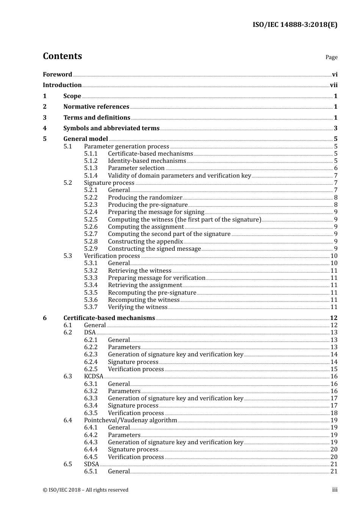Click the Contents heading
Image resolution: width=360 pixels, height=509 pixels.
pyautogui.click(x=62, y=56)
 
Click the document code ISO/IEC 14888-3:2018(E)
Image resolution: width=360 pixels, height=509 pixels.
pyautogui.click(x=295, y=25)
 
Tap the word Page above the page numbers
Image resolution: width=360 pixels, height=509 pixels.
pyautogui.click(x=331, y=57)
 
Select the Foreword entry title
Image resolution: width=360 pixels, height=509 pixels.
pyautogui.click(x=57, y=74)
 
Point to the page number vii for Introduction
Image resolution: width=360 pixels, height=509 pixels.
pyautogui.click(x=333, y=85)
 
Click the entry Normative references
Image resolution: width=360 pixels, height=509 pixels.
pyautogui.click(x=96, y=107)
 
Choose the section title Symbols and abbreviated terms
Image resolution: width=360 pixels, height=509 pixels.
pyautogui.click(x=111, y=128)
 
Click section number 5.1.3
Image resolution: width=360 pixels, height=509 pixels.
pyautogui.click(x=91, y=168)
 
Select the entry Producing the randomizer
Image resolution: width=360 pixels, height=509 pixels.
pyautogui.click(x=145, y=198)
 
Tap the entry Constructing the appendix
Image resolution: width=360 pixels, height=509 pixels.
pyautogui.click(x=146, y=242)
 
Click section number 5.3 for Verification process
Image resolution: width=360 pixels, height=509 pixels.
pyautogui.click(x=67, y=256)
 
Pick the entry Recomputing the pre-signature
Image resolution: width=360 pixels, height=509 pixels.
pyautogui.click(x=152, y=293)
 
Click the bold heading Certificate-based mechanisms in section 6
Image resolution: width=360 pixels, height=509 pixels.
pyautogui.click(x=109, y=318)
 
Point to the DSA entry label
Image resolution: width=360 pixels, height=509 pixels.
pyautogui.click(x=90, y=333)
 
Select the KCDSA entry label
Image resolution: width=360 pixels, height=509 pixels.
pyautogui.click(x=94, y=376)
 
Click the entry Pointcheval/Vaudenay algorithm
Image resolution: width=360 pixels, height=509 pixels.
pyautogui.click(x=130, y=420)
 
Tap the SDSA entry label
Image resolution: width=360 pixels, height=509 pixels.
pyautogui.click(x=91, y=464)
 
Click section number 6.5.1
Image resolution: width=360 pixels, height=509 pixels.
pyautogui.click(x=91, y=472)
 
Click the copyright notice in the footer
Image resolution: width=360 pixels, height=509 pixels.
pyautogui.click(x=86, y=490)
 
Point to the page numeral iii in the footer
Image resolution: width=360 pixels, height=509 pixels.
pyautogui.click(x=335, y=490)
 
